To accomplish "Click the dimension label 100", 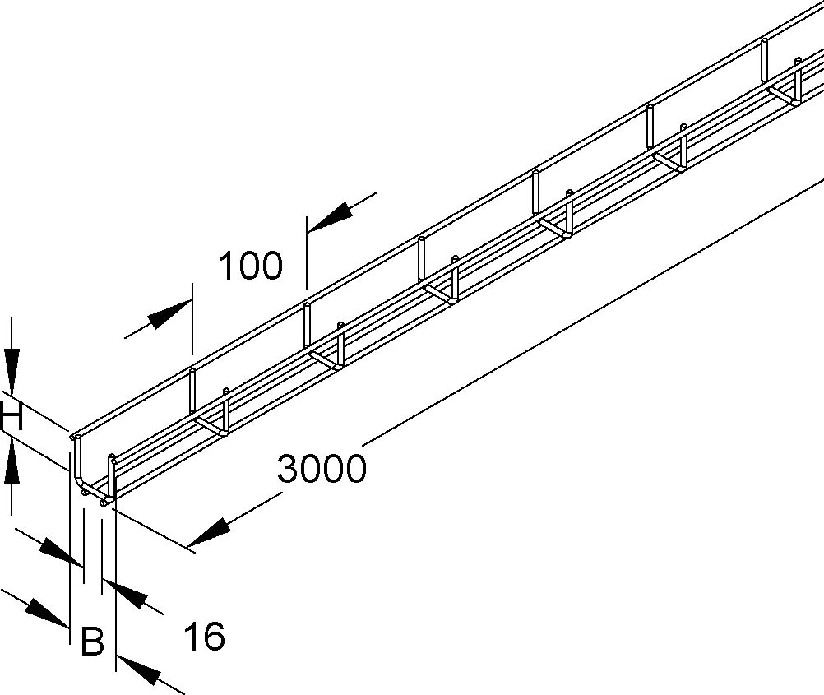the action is [250, 266].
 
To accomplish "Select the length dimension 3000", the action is [321, 469].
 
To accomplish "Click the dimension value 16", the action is [204, 636].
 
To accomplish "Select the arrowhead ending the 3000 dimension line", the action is [209, 532].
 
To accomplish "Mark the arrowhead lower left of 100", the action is [169, 314].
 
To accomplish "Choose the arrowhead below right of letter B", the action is [138, 670].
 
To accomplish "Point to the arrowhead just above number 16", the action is [124, 594].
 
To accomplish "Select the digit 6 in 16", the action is [215, 636].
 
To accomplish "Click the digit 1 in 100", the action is [225, 266].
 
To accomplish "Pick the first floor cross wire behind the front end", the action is [211, 427].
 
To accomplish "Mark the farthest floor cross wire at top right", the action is [783, 95].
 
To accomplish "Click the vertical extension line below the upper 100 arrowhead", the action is [306, 253].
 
